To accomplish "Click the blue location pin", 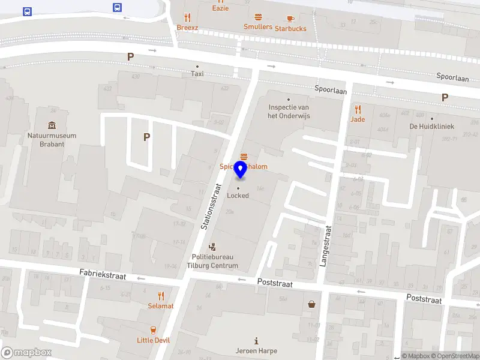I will click(240, 169).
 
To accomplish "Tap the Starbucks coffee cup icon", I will click(290, 19).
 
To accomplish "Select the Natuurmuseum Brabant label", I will click(52, 139).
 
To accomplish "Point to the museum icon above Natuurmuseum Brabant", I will click(52, 125).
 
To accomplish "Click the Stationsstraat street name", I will click(211, 208).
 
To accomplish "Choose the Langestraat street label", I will click(328, 246).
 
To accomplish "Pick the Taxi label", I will click(197, 74).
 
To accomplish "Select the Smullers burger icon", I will click(258, 17).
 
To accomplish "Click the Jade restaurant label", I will click(358, 119).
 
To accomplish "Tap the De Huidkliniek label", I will click(431, 126).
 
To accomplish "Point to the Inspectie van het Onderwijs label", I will click(289, 112).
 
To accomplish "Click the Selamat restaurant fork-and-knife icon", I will click(161, 296).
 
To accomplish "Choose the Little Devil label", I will click(154, 340).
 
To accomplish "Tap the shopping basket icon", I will click(312, 304).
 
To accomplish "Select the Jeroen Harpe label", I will click(257, 351).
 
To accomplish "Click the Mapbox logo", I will click(26, 353).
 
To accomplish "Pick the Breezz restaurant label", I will click(187, 28).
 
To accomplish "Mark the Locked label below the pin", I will click(238, 196).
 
